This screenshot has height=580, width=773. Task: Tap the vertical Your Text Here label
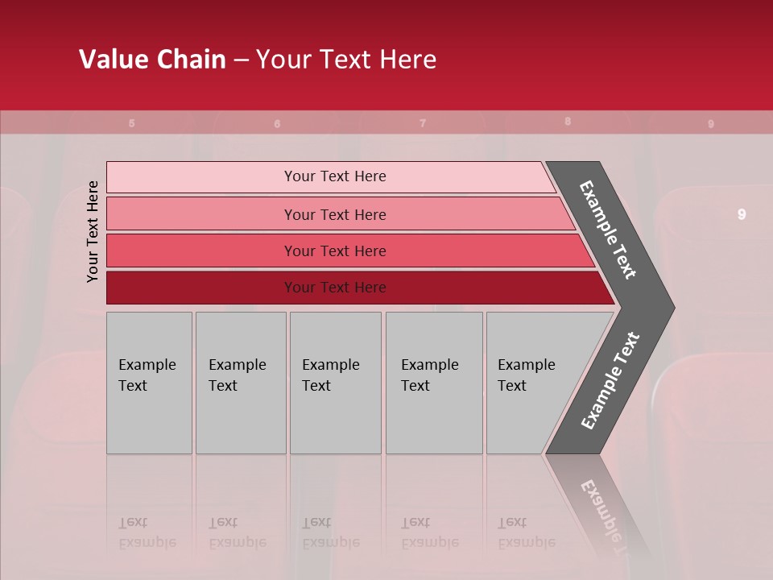pyautogui.click(x=93, y=232)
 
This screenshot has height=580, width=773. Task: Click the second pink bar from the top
pyautogui.click(x=334, y=214)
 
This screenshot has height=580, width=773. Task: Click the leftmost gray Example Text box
pyautogui.click(x=149, y=383)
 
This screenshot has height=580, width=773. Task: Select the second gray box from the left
pyautogui.click(x=241, y=383)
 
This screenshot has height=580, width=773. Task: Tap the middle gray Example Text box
pyautogui.click(x=335, y=383)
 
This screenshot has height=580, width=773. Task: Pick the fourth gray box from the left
pyautogui.click(x=434, y=383)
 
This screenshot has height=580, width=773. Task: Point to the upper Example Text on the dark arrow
pyautogui.click(x=609, y=230)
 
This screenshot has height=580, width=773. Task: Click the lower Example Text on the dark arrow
pyautogui.click(x=610, y=380)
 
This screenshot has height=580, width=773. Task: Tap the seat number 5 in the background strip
pyautogui.click(x=132, y=123)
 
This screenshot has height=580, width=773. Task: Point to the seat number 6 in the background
pyautogui.click(x=277, y=124)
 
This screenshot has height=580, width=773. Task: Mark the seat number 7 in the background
pyautogui.click(x=423, y=123)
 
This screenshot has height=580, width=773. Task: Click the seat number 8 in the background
pyautogui.click(x=568, y=122)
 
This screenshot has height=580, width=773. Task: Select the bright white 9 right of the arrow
pyautogui.click(x=742, y=214)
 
